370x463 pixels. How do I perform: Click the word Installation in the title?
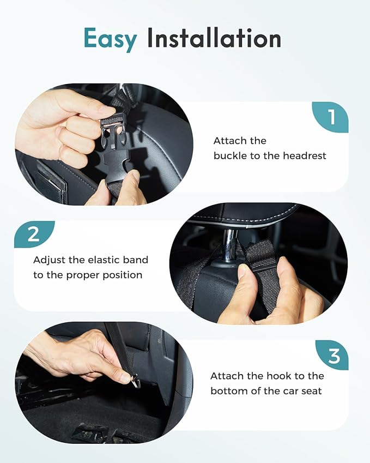pos(214,39)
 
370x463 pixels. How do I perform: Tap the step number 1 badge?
pos(331,117)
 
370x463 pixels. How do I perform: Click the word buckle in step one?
pos(230,156)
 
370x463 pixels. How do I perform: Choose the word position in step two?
pos(120,275)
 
